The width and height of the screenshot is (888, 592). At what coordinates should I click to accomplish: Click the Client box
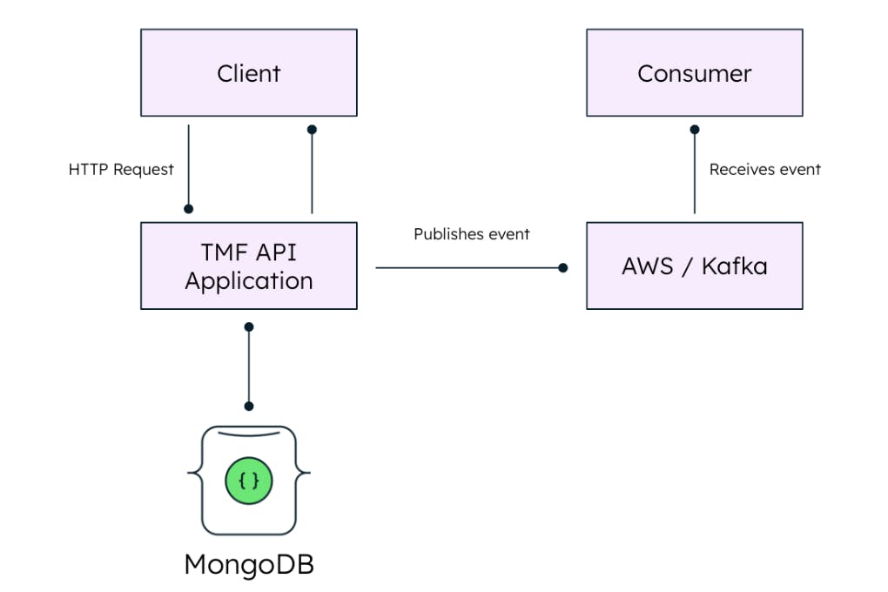click(x=248, y=73)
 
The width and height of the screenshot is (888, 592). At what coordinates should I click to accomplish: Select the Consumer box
click(x=694, y=73)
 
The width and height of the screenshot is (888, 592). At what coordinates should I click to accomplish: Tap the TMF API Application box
click(x=248, y=266)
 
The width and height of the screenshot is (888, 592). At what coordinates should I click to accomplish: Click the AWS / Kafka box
click(x=694, y=266)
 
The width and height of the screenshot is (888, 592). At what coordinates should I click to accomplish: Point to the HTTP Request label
click(x=121, y=170)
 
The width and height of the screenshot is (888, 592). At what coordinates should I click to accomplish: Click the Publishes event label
click(x=471, y=234)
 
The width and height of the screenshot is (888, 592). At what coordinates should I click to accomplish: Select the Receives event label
click(x=764, y=170)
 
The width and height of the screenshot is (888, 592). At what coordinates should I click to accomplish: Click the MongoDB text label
click(x=248, y=564)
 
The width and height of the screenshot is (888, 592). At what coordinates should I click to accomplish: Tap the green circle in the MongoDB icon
click(x=249, y=480)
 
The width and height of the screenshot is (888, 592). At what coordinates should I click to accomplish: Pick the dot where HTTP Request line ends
click(x=188, y=209)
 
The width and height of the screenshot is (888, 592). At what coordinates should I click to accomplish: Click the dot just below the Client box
click(x=312, y=129)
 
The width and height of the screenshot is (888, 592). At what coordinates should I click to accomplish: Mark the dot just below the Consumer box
click(x=695, y=129)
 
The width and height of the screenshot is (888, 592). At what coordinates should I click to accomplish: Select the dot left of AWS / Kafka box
click(x=563, y=268)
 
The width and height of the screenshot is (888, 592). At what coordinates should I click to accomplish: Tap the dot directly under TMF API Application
click(x=249, y=326)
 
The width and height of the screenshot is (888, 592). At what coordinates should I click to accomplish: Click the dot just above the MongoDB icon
click(x=249, y=406)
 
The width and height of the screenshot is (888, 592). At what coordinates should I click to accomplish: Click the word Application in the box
click(x=248, y=280)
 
